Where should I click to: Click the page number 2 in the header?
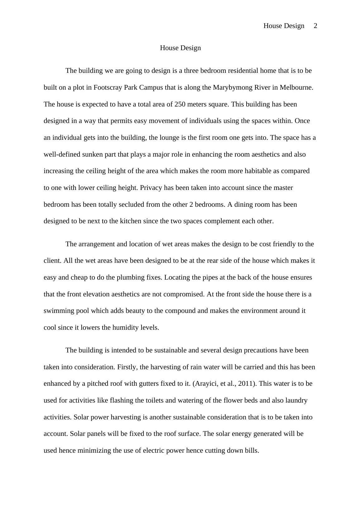click(315, 26)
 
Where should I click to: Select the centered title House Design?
click(180, 48)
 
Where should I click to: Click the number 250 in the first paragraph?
click(180, 104)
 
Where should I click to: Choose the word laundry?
click(296, 400)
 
